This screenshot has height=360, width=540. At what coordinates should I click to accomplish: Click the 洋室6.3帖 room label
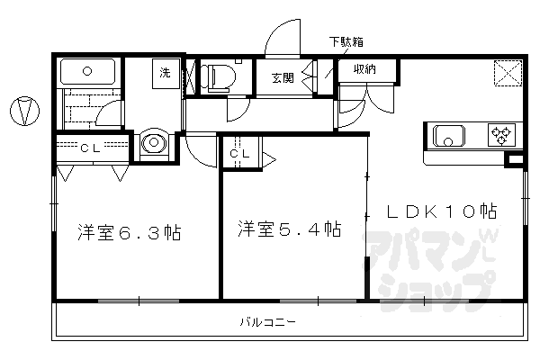point(128,233)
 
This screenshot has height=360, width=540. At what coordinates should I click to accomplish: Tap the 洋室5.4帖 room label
point(289,229)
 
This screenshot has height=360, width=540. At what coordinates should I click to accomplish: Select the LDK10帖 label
point(442,211)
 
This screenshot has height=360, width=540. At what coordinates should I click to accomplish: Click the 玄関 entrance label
point(282,77)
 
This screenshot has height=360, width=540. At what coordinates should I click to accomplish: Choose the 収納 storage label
point(364,69)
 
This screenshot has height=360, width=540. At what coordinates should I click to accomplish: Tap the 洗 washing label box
point(166,71)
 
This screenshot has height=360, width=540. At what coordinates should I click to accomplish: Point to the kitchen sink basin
point(448,136)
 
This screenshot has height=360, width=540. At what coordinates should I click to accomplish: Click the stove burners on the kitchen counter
point(499,136)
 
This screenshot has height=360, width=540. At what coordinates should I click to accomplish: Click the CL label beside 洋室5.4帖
point(238,154)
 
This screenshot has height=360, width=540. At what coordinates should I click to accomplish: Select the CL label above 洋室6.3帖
point(89,148)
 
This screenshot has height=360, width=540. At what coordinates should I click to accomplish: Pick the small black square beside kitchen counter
point(514,162)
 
